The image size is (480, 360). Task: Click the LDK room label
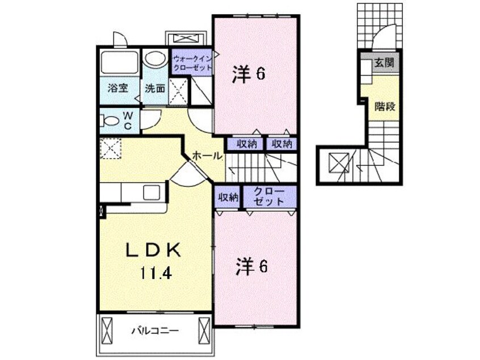coord(153,249)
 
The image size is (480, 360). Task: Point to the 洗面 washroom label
coord(154,88)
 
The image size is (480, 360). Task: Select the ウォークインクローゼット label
coord(192,63)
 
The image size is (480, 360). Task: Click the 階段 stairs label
coord(384,106)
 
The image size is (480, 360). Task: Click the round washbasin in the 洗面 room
coord(153,60)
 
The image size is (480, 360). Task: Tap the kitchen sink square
coord(153,192)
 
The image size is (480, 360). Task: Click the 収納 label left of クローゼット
coord(228,197)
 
